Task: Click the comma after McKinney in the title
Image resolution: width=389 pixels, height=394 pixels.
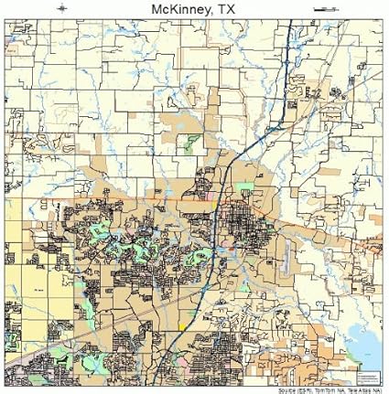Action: [216, 14]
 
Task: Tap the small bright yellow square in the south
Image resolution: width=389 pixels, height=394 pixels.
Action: [182, 325]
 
